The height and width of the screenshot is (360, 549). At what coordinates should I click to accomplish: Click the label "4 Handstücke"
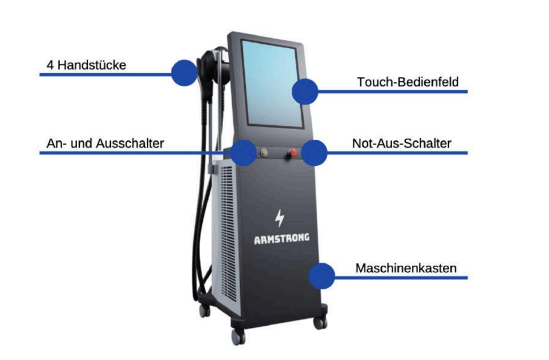tap(86, 65)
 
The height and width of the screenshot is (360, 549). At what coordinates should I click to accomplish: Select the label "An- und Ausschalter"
tap(105, 144)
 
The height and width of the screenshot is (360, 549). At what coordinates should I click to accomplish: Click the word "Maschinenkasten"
tap(406, 268)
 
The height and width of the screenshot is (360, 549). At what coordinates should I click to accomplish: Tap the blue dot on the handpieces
tap(184, 72)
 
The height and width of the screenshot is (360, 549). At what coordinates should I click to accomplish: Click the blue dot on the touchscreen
tap(305, 91)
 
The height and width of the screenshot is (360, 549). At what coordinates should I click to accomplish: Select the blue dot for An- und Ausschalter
tap(243, 153)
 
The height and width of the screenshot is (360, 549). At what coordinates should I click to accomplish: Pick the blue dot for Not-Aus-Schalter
tap(314, 153)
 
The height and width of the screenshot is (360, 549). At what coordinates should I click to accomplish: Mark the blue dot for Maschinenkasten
tap(322, 276)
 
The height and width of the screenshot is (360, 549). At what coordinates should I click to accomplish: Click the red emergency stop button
tap(293, 154)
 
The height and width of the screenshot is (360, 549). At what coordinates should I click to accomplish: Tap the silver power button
tap(263, 153)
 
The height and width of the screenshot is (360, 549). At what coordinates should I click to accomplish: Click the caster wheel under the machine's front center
tap(238, 337)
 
